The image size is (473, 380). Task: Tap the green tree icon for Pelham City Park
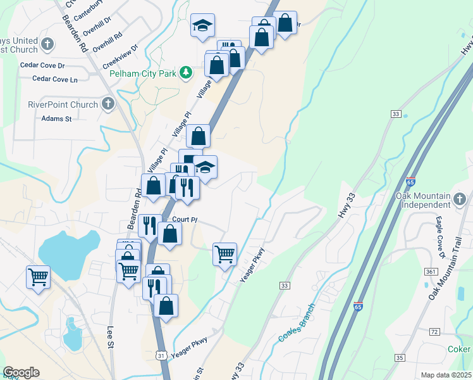(186, 73)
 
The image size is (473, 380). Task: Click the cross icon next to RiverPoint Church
(107, 104)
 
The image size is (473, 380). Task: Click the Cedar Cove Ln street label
(54, 79)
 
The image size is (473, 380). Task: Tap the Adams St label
(57, 118)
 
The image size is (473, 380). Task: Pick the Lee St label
(110, 336)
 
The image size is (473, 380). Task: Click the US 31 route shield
(163, 357)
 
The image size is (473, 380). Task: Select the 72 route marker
(434, 332)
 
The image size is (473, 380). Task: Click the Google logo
(21, 372)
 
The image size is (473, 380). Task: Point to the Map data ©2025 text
(446, 375)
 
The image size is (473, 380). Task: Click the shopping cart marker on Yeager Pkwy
(225, 255)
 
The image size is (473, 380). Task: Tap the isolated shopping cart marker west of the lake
(38, 277)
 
